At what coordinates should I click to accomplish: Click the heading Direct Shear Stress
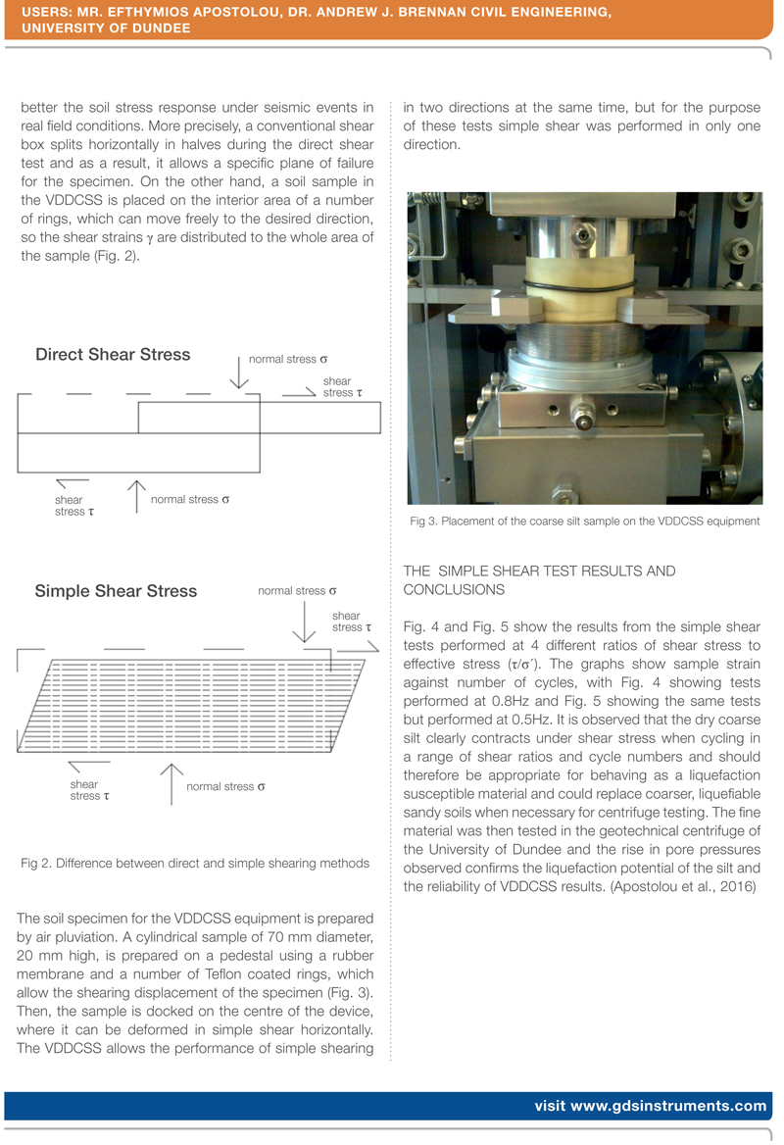click(113, 355)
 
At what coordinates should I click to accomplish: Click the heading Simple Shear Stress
click(116, 591)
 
